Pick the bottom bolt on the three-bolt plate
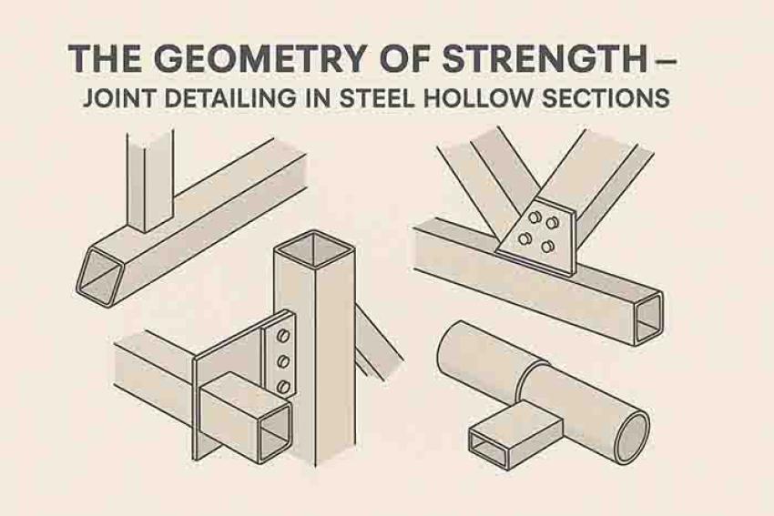pyautogui.click(x=283, y=386)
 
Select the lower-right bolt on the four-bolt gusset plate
pyautogui.click(x=548, y=246)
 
